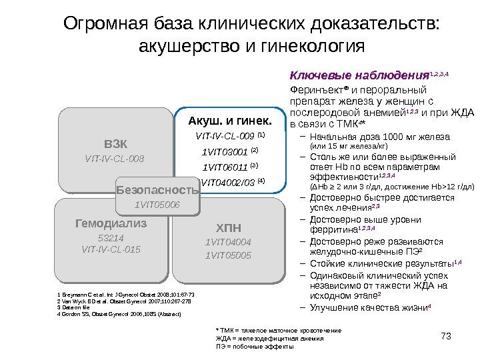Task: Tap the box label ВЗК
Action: click(114, 144)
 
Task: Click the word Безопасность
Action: click(158, 191)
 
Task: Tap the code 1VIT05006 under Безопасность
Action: click(157, 204)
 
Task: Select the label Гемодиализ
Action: click(111, 224)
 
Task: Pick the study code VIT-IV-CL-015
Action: click(111, 249)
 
